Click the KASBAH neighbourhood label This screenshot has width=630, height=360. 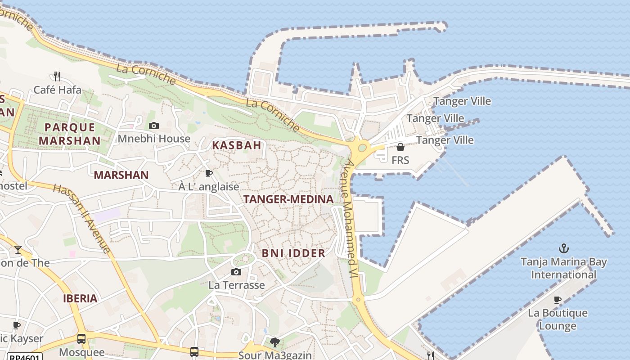click(237, 145)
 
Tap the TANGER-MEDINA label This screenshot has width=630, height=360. click(288, 199)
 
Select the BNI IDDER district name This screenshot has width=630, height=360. click(293, 253)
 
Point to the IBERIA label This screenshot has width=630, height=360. click(80, 298)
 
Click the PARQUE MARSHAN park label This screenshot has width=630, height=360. click(69, 134)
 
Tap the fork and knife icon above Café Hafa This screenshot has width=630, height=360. click(57, 76)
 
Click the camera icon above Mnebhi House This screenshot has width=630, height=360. click(154, 126)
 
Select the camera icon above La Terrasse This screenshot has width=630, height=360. click(236, 272)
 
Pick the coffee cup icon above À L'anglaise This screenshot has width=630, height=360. click(208, 173)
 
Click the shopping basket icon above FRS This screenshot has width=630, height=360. click(400, 147)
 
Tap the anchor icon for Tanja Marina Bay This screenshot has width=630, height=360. click(563, 248)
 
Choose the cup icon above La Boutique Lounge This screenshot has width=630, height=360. click(558, 300)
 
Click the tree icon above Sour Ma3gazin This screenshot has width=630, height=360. click(274, 342)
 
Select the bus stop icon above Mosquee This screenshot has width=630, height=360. click(81, 338)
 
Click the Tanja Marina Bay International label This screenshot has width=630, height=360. click(563, 268)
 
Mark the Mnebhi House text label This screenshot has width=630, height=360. click(154, 139)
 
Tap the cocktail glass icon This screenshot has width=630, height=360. click(18, 250)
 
